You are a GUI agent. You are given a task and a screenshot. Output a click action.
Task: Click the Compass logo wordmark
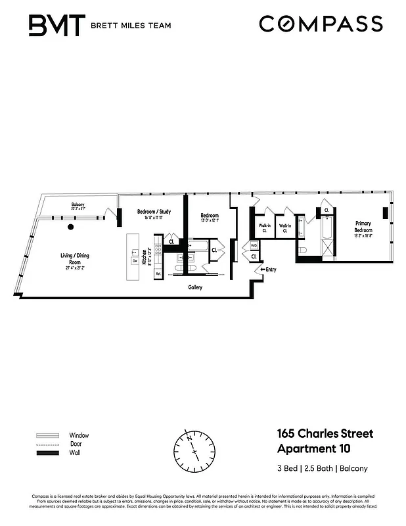(x=321, y=24)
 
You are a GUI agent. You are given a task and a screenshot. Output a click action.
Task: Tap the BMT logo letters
(x=56, y=26)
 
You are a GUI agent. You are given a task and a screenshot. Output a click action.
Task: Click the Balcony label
(x=78, y=206)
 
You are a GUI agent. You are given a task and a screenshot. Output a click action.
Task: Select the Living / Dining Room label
(x=77, y=258)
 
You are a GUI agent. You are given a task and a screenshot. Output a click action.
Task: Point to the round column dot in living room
(x=70, y=227)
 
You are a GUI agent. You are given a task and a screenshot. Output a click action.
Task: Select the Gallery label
(x=194, y=287)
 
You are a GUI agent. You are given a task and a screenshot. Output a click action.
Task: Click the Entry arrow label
(x=269, y=269)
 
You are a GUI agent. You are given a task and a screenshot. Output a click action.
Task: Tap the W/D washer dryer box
(x=254, y=246)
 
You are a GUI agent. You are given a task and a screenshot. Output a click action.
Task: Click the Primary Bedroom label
(x=363, y=227)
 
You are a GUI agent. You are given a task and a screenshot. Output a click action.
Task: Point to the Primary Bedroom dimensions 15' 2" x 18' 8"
(x=363, y=237)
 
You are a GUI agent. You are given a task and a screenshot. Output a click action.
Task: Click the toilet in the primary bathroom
(x=302, y=251)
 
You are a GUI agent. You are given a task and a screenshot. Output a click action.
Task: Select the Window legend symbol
(x=47, y=435)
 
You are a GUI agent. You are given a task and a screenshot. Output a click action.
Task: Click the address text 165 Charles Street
(x=324, y=434)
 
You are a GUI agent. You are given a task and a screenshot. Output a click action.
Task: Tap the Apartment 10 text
(x=314, y=450)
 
